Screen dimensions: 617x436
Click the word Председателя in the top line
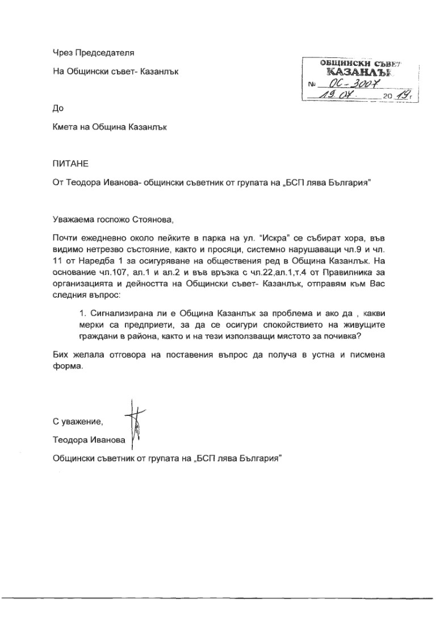(101, 53)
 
